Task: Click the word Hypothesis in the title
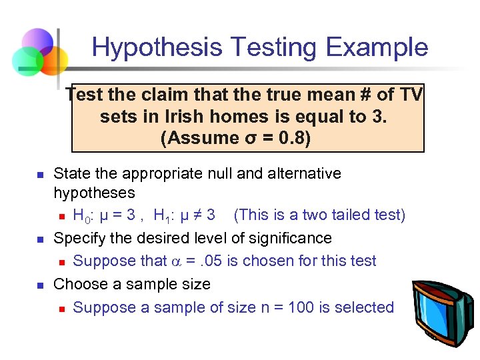pyautogui.click(x=157, y=47)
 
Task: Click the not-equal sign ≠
pyautogui.click(x=194, y=215)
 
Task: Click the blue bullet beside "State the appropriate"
pyautogui.click(x=39, y=175)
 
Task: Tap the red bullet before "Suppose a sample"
pyautogui.click(x=61, y=308)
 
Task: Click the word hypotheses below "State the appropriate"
pyautogui.click(x=94, y=193)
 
